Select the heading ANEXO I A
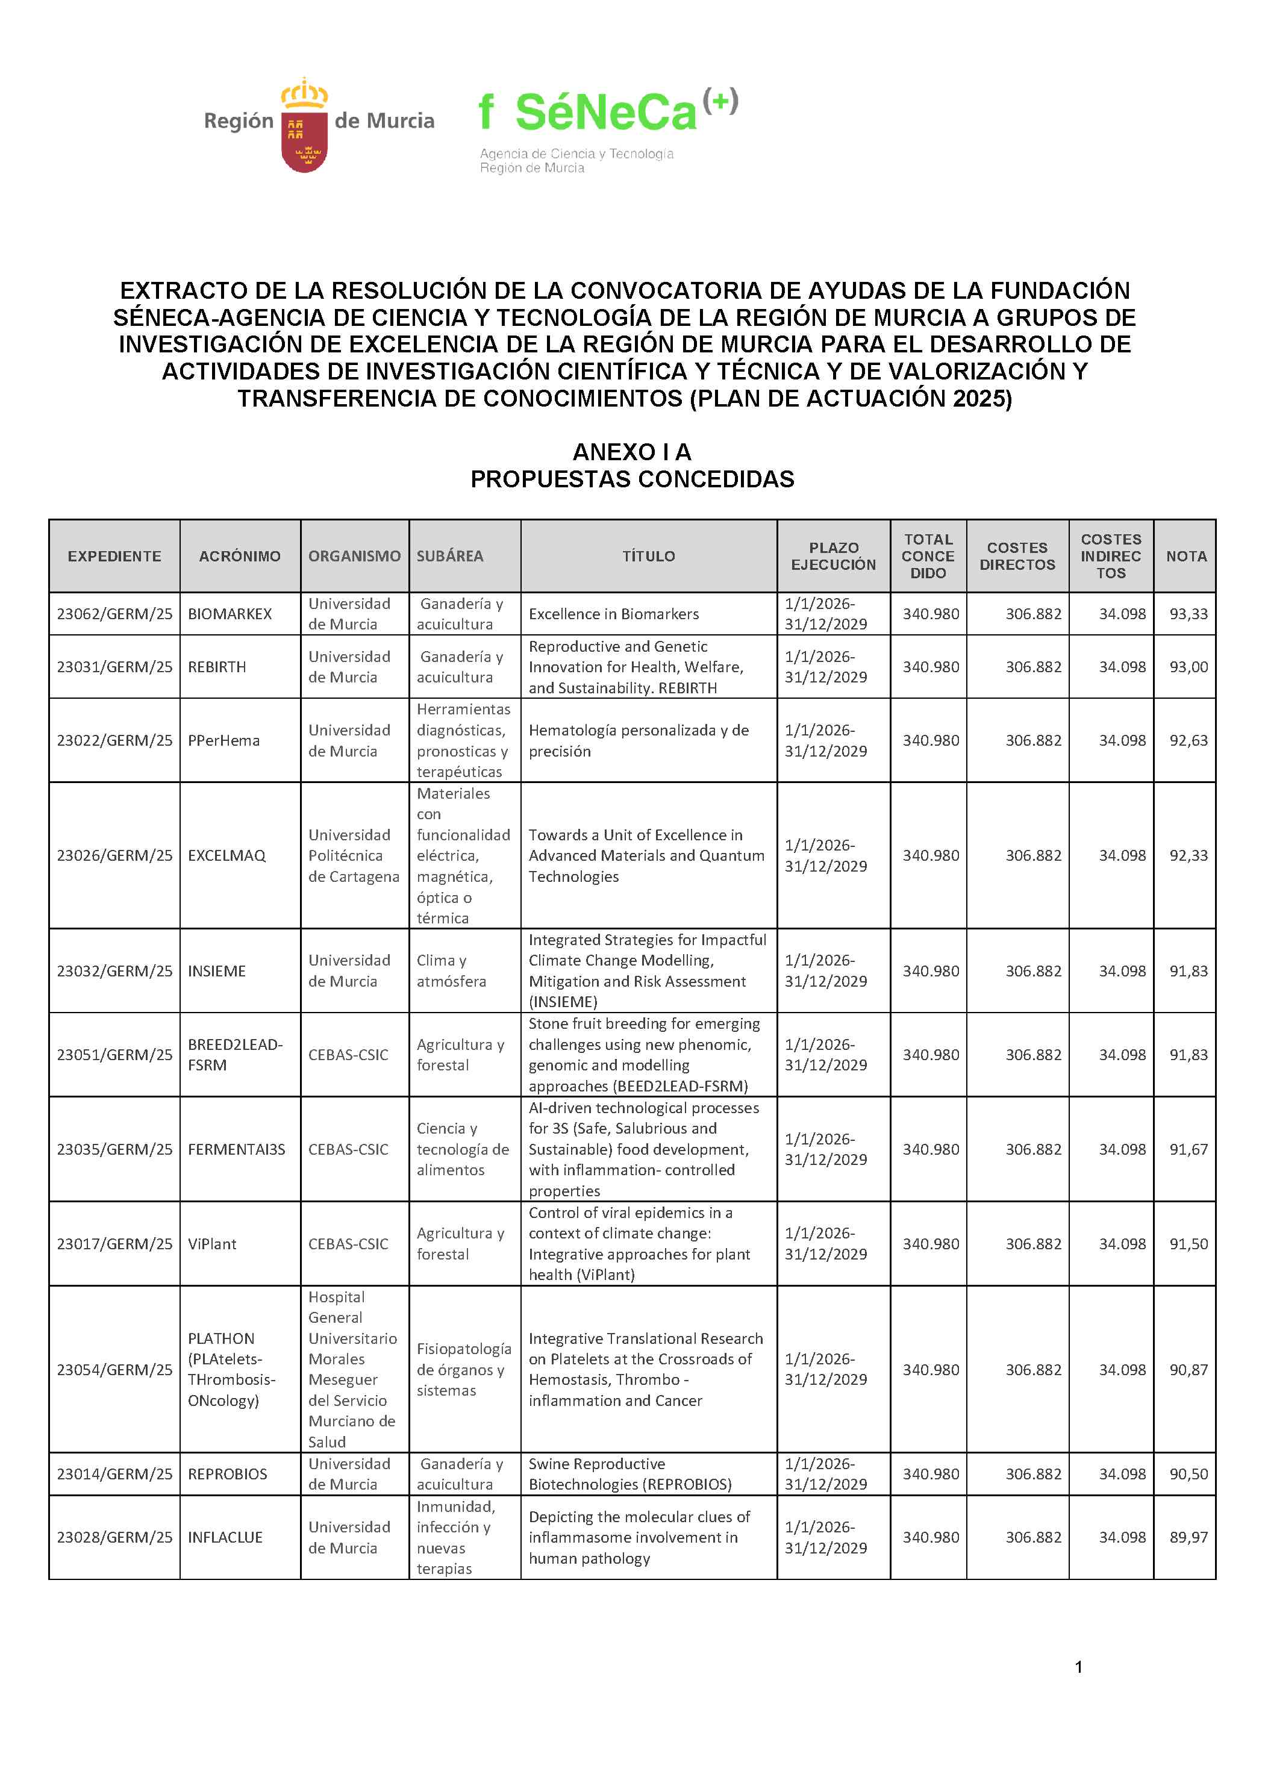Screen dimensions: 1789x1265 (x=631, y=452)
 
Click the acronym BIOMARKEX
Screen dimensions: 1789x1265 (x=230, y=614)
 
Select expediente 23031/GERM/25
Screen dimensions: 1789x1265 (x=114, y=667)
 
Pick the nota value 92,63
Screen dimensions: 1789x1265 (x=1188, y=740)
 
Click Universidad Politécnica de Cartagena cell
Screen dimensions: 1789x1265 (x=353, y=855)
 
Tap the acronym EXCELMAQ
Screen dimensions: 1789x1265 (x=227, y=855)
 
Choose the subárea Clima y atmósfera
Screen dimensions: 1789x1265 (x=451, y=971)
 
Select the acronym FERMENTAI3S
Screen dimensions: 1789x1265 (x=236, y=1149)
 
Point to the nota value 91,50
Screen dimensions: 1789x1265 (x=1188, y=1244)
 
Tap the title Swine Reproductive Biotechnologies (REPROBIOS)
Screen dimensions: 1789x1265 (x=629, y=1474)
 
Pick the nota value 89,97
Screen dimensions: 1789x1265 (x=1188, y=1537)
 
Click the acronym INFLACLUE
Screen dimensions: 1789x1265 (x=225, y=1537)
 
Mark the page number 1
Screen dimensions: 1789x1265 (x=1079, y=1667)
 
